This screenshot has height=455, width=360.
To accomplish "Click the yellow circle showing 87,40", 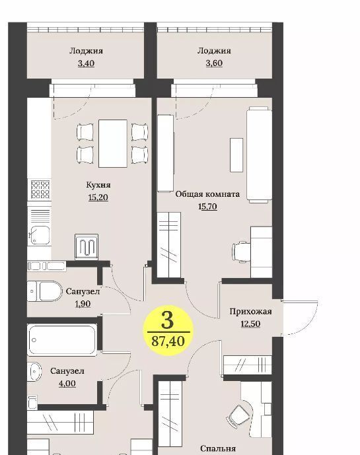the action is coord(168,331).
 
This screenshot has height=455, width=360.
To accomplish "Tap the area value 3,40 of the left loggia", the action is coord(87,63).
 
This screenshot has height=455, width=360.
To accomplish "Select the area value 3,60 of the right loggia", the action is coord(214,63).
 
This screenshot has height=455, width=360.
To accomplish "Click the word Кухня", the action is coord(98,185).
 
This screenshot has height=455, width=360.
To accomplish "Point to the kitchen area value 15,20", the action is coord(98,197).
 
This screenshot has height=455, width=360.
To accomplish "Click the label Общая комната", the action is coord(207,194).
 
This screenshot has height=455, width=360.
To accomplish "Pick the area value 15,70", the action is coord(207,207).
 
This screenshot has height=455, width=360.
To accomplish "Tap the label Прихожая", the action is coord(250,312).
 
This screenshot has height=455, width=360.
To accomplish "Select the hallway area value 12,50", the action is coord(250,324).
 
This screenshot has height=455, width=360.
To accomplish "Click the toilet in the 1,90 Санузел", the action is coord(44,291).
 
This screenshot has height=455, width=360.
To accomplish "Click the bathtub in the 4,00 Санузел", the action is coord(62,340).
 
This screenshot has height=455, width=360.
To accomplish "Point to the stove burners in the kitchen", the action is coord(40,190).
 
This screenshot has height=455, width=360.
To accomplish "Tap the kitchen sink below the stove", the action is coord(40,235).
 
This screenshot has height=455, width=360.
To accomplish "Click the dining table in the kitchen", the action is coord(113,144).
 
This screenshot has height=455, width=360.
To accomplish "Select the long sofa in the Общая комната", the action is coord(259,155).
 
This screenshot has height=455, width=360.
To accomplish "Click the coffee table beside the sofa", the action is coord(236,155).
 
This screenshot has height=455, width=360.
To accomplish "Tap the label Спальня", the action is coord(218,448).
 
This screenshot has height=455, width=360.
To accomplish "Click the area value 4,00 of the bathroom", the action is coord(67,384).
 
